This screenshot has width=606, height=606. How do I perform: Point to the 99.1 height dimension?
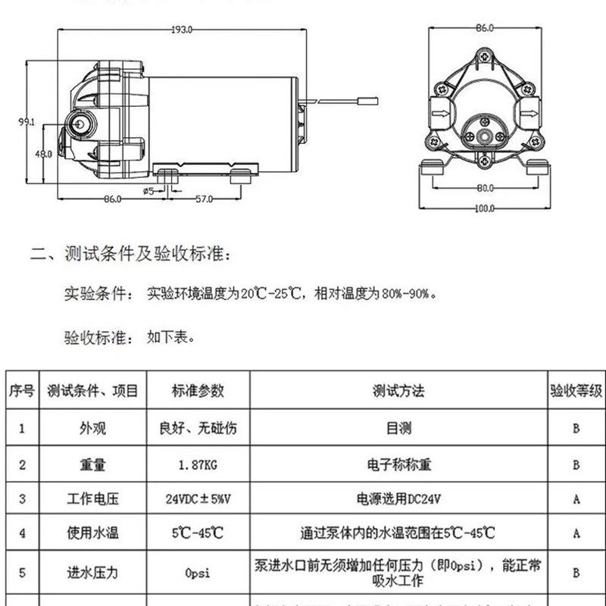coord(28,121)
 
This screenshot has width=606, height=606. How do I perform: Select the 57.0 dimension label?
coord(205,198)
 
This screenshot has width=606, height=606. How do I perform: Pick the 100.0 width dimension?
coord(485,208)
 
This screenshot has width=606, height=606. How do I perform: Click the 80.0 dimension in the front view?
coord(485,188)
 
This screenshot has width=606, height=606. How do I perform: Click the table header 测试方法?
coord(398,391)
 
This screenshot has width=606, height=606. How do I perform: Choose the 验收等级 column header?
coord(576,391)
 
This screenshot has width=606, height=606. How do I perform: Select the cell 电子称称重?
coord(398,464)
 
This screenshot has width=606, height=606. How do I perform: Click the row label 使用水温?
coord(98,533)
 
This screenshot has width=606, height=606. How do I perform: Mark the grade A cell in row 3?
coord(576,498)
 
